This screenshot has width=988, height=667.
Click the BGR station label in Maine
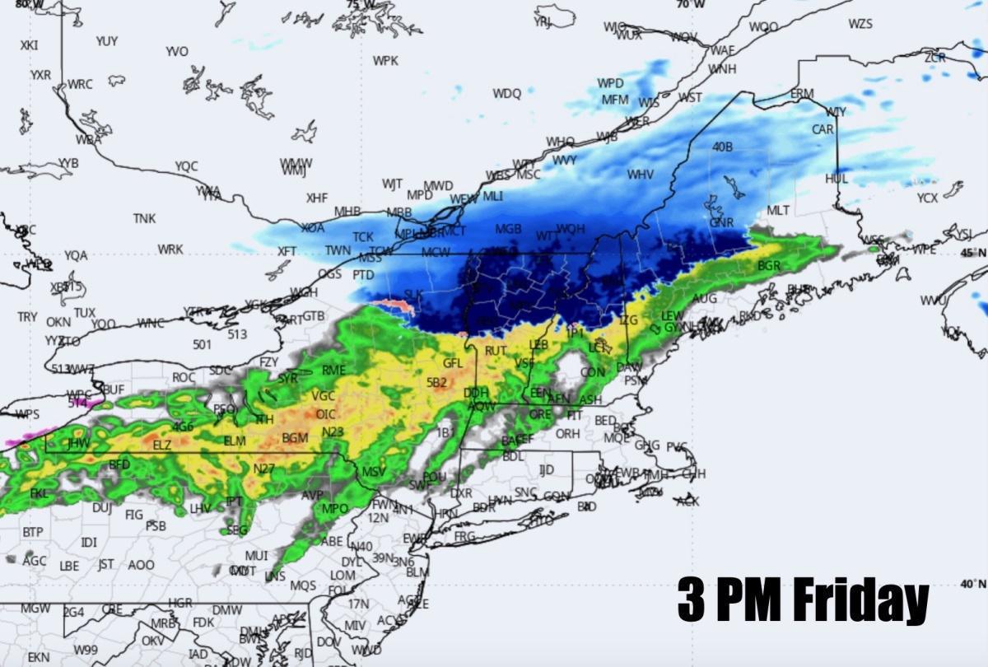tap(768, 266)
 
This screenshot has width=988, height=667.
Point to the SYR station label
tap(287, 378)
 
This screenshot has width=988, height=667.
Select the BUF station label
tap(113, 389)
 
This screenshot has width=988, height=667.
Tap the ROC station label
tap(184, 377)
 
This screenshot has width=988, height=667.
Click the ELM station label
tap(235, 441)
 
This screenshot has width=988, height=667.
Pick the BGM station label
tap(295, 437)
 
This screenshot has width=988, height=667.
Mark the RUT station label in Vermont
tap(496, 351)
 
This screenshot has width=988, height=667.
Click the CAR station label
tap(823, 129)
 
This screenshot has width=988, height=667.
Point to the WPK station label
tap(385, 61)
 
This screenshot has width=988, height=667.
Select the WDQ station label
tap(507, 94)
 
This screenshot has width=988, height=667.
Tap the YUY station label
tap(107, 41)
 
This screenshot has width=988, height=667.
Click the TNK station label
tap(144, 218)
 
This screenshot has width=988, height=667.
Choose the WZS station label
tap(860, 24)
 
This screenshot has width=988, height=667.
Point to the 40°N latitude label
tap(972, 584)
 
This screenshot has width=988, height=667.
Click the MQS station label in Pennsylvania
tap(303, 585)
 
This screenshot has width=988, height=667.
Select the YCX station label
tap(927, 198)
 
